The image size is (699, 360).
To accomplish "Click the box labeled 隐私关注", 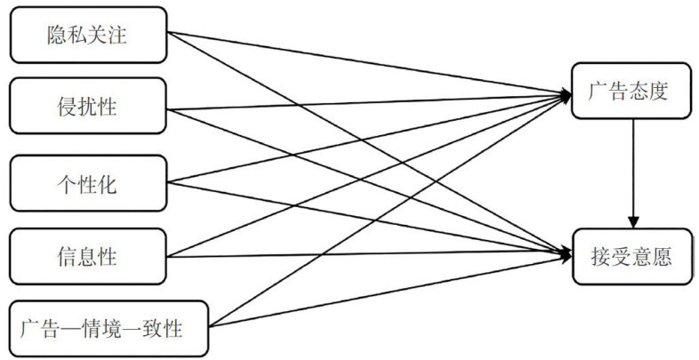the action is [87, 36].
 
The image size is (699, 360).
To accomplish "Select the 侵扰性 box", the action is [87, 109].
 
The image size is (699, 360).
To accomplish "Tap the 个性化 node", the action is [87, 184].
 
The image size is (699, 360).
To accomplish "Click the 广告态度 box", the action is [632, 92].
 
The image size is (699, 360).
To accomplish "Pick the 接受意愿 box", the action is [632, 257].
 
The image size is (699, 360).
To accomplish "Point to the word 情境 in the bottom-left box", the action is [113, 330].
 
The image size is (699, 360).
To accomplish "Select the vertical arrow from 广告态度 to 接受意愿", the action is [633, 169].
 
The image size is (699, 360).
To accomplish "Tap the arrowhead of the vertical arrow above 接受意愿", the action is [633, 222].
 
